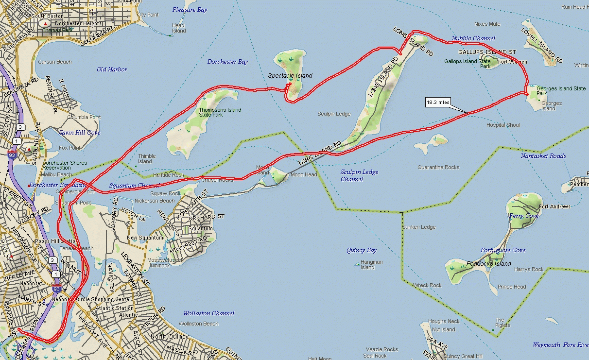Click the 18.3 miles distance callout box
[x=438, y=103]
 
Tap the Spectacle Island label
[x=290, y=76]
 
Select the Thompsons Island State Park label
[x=220, y=112]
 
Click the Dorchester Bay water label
[x=227, y=62]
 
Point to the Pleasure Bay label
[x=190, y=10]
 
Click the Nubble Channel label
[x=473, y=38]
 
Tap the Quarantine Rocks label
[x=438, y=168]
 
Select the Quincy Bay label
[x=362, y=251]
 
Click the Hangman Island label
[x=371, y=265]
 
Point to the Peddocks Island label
[x=488, y=264]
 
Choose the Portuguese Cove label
[x=503, y=251]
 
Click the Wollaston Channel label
[x=208, y=313]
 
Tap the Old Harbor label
[x=112, y=69]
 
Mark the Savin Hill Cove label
[x=79, y=133]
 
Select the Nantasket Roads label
[x=543, y=156]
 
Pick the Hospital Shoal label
[x=503, y=125]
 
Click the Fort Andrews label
[x=554, y=207]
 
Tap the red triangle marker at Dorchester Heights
[x=46, y=23]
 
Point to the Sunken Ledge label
[x=418, y=227]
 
